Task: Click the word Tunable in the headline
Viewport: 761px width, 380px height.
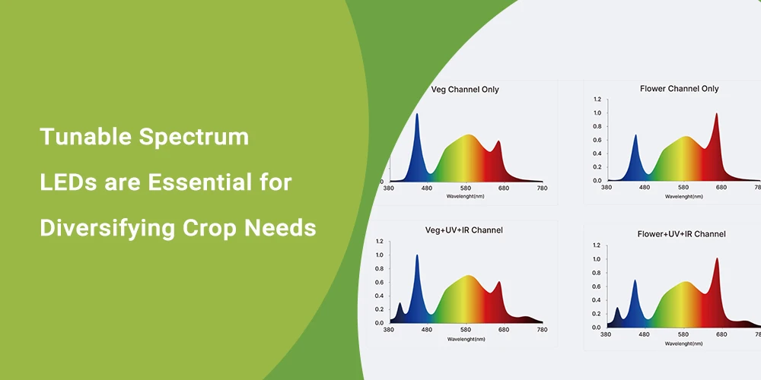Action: (84, 137)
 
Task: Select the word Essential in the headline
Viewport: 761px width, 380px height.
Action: (202, 182)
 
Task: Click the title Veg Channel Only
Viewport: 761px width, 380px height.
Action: (464, 90)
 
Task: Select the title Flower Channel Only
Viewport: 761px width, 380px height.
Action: (679, 89)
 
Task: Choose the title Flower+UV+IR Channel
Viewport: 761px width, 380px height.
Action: (681, 234)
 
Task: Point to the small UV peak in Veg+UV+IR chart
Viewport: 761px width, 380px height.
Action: (400, 304)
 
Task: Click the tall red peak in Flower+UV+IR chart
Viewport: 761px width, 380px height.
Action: (717, 260)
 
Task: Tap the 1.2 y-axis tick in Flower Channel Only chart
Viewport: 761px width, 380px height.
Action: (597, 100)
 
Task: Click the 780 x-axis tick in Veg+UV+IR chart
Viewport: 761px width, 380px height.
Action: (542, 330)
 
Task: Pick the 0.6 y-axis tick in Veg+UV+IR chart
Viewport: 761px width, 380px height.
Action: (380, 282)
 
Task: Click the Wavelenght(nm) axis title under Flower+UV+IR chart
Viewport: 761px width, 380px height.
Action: (684, 344)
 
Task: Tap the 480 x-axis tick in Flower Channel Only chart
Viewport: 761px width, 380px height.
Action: (645, 187)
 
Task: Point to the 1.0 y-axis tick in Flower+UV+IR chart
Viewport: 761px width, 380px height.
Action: (597, 259)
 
